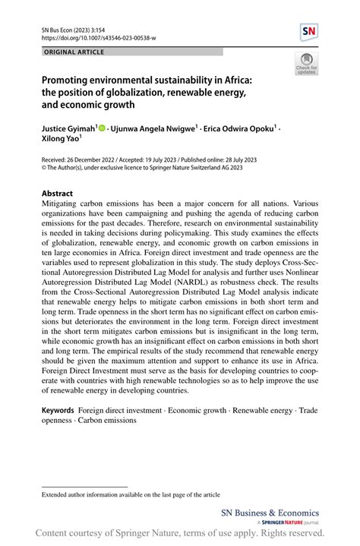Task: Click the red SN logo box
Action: point(308,32)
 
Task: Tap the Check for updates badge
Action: point(306,65)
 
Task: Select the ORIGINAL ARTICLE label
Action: point(74,52)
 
